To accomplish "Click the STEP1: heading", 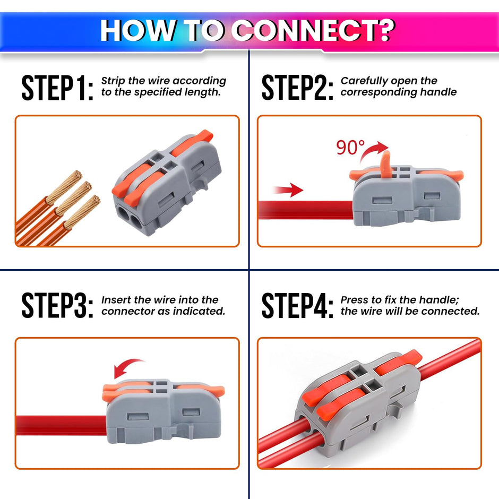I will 57,88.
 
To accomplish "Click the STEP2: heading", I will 297,88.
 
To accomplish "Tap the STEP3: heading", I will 57,306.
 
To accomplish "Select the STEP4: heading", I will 297,306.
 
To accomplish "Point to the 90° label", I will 350,148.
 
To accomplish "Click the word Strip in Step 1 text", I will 114,81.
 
